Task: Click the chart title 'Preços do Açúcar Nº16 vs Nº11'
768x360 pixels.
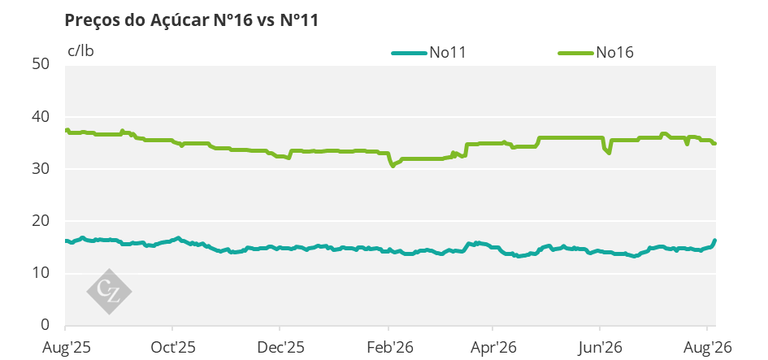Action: coord(192,20)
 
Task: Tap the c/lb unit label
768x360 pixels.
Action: coord(80,51)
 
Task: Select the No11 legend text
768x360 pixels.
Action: coord(447,52)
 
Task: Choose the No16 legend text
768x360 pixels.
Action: coord(614,52)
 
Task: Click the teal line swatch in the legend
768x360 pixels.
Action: coord(409,53)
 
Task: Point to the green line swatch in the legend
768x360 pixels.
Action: coord(576,53)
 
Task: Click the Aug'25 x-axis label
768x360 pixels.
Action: coord(65,348)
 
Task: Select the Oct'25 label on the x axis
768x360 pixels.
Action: coord(173,348)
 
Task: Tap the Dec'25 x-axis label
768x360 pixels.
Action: coord(280,348)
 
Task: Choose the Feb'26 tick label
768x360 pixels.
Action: coord(389,348)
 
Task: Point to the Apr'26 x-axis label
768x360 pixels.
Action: coord(494,348)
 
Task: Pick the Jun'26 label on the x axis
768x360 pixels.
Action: coord(600,348)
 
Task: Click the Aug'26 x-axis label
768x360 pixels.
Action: coord(708,348)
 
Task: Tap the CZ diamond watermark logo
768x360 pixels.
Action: coord(109,292)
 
